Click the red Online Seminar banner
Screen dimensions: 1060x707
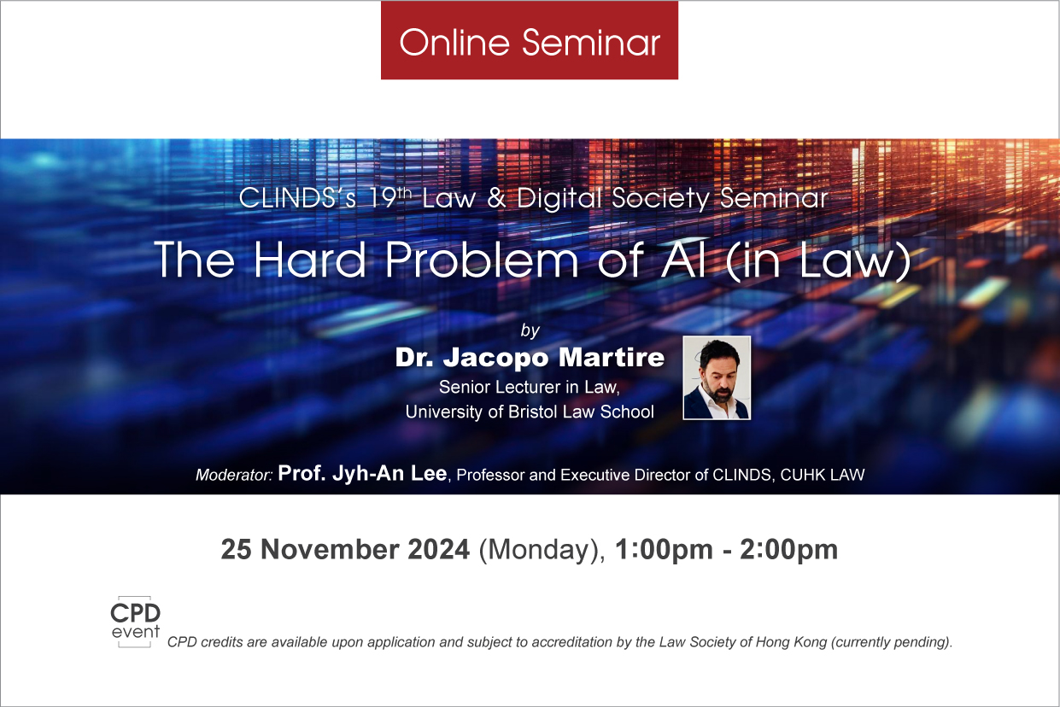click(x=529, y=41)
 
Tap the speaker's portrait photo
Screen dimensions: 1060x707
click(x=717, y=377)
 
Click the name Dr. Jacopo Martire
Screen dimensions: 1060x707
click(x=530, y=358)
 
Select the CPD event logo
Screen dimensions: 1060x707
click(x=135, y=622)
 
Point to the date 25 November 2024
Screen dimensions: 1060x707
click(x=345, y=550)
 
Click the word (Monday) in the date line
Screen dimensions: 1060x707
click(x=542, y=551)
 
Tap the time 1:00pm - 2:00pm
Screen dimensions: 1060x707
click(x=726, y=551)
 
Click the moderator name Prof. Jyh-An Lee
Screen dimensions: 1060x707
click(x=362, y=473)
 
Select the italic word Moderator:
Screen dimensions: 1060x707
click(x=234, y=475)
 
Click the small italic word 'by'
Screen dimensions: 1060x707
click(x=530, y=330)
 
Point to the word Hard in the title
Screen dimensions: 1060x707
click(x=309, y=260)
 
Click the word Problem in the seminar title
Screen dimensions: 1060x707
click(x=481, y=260)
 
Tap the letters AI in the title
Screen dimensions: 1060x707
click(x=682, y=260)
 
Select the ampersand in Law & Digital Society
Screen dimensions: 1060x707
click(x=496, y=198)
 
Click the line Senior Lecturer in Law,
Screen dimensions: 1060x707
click(x=530, y=388)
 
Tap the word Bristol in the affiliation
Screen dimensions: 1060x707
click(x=533, y=412)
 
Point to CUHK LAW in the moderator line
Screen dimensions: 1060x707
click(x=823, y=475)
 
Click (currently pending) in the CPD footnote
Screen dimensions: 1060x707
click(x=892, y=642)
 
